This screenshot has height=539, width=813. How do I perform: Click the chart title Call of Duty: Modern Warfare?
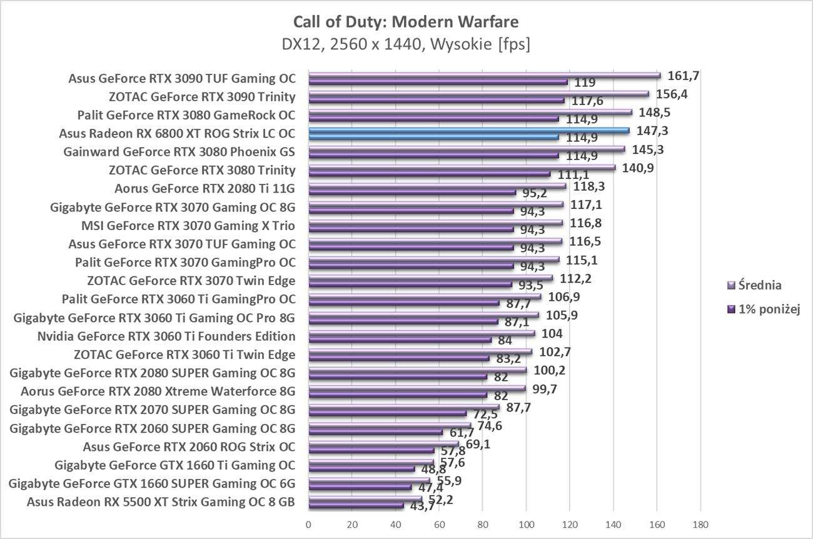tap(406, 23)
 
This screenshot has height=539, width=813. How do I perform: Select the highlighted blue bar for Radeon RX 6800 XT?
tap(469, 131)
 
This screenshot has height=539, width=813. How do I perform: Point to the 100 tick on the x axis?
tap(526, 523)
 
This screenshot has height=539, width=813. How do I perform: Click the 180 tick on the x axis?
tap(700, 523)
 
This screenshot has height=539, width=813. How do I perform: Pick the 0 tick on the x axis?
tap(308, 523)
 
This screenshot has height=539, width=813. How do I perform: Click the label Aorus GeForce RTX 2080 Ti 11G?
tap(205, 188)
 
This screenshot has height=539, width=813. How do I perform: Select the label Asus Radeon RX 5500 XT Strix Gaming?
tap(161, 501)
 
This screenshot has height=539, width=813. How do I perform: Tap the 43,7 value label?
tap(422, 506)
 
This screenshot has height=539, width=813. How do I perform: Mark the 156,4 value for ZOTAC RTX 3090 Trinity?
tap(672, 94)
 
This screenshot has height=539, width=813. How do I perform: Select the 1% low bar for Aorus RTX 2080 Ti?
tap(412, 193)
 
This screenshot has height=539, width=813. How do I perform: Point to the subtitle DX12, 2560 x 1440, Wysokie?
tap(406, 45)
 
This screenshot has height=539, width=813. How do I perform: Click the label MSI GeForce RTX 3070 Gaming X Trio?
tap(188, 225)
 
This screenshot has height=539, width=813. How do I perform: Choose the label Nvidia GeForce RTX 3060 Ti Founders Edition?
tap(166, 336)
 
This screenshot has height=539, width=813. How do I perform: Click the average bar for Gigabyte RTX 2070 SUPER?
tap(403, 407)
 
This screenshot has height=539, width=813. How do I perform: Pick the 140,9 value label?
tap(637, 168)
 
